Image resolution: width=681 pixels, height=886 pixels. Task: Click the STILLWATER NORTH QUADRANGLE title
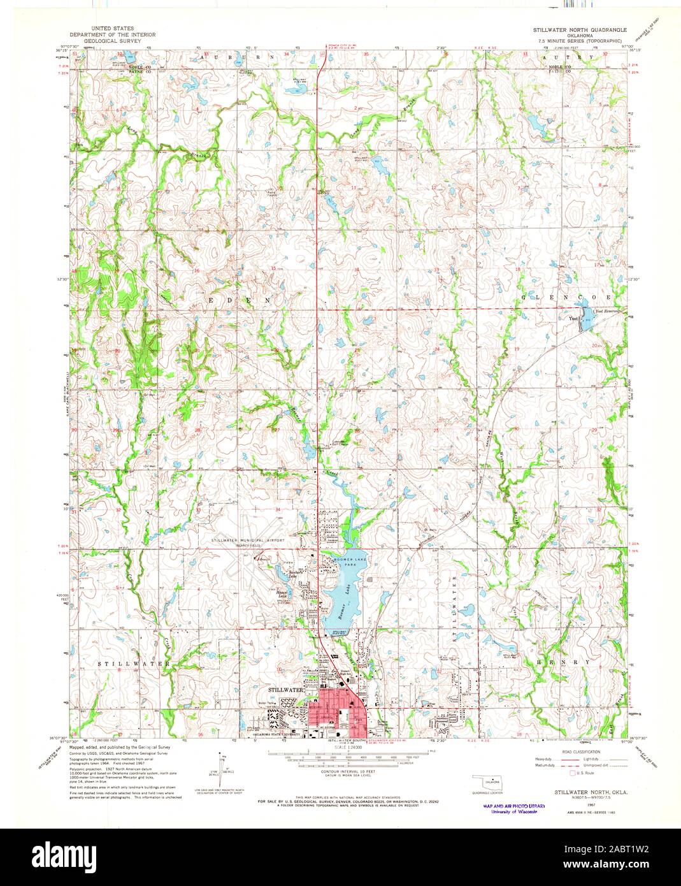580,30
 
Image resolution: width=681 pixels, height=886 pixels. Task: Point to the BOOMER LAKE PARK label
348,562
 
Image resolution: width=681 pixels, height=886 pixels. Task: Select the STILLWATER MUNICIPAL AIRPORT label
248,540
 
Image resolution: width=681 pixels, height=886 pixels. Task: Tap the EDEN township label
245,298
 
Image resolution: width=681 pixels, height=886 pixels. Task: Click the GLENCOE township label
567,297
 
